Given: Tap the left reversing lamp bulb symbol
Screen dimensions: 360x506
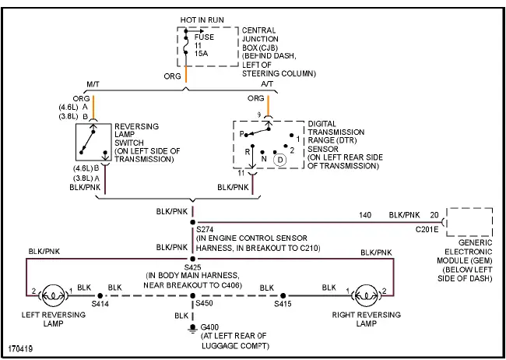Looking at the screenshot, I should pos(51,295).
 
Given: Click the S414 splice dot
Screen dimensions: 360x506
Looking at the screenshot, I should pos(100,296).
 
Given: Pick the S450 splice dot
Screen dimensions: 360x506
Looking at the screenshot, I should pos(192,296).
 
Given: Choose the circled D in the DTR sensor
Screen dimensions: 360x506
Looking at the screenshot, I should pos(279,159).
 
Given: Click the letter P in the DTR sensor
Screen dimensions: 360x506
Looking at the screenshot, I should pos(243,133).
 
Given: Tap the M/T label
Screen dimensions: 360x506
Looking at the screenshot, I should pos(93,85).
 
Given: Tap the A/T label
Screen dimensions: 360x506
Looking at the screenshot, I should pos(267,85).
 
